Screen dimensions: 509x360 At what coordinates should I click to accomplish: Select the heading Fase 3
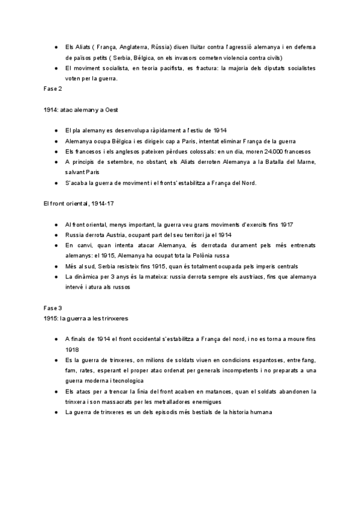(x=53, y=307)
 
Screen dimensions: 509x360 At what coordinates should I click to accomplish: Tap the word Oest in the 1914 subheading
(x=114, y=110)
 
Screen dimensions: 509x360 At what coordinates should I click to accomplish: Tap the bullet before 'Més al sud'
(x=55, y=266)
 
